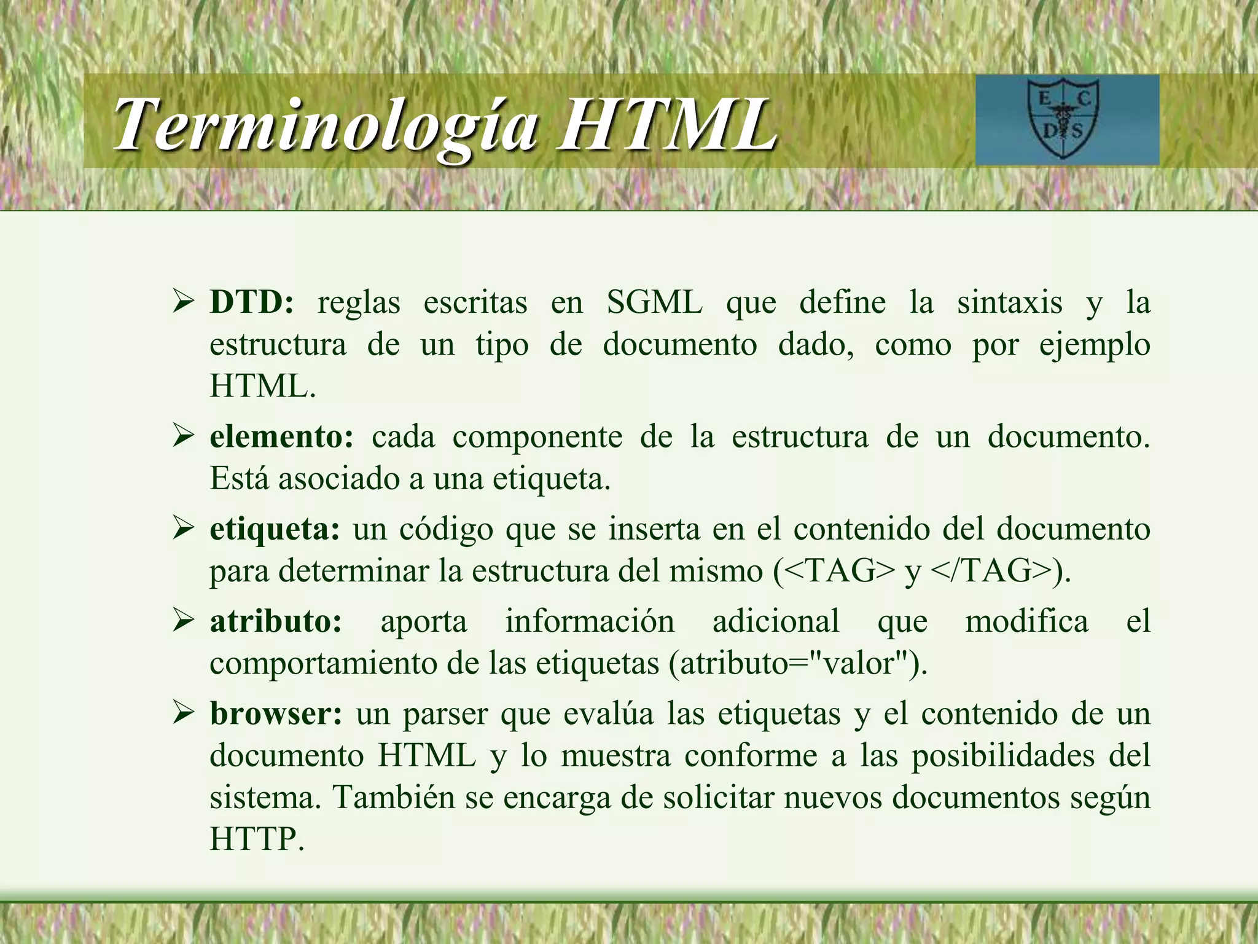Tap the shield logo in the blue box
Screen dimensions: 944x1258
1063,119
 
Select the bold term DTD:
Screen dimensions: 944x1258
252,302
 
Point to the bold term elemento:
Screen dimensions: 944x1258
282,437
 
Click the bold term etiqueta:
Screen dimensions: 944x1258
275,529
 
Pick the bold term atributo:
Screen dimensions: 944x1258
276,621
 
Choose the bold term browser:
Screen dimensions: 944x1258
276,714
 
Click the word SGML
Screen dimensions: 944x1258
655,302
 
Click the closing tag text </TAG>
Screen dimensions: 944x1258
991,571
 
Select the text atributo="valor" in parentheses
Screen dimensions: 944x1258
796,663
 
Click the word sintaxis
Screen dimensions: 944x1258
1010,302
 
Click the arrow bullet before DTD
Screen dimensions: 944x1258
183,302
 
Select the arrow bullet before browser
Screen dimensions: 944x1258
183,714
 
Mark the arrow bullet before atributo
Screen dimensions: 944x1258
183,621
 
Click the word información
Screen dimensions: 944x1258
590,621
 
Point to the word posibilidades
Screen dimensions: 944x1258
1002,755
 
